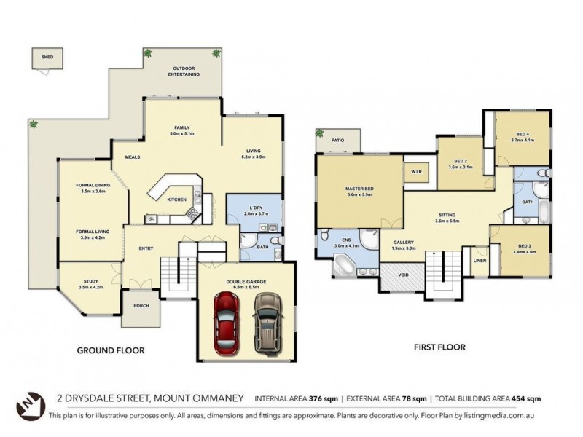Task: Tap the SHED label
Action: (x=47, y=55)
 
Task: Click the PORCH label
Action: (x=141, y=305)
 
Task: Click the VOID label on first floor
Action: (x=402, y=275)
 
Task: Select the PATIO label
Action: (x=337, y=140)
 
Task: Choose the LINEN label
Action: (x=480, y=260)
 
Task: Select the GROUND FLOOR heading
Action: (x=111, y=350)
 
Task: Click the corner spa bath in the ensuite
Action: (x=344, y=266)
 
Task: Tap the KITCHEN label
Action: (x=177, y=199)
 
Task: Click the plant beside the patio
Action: (x=320, y=133)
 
